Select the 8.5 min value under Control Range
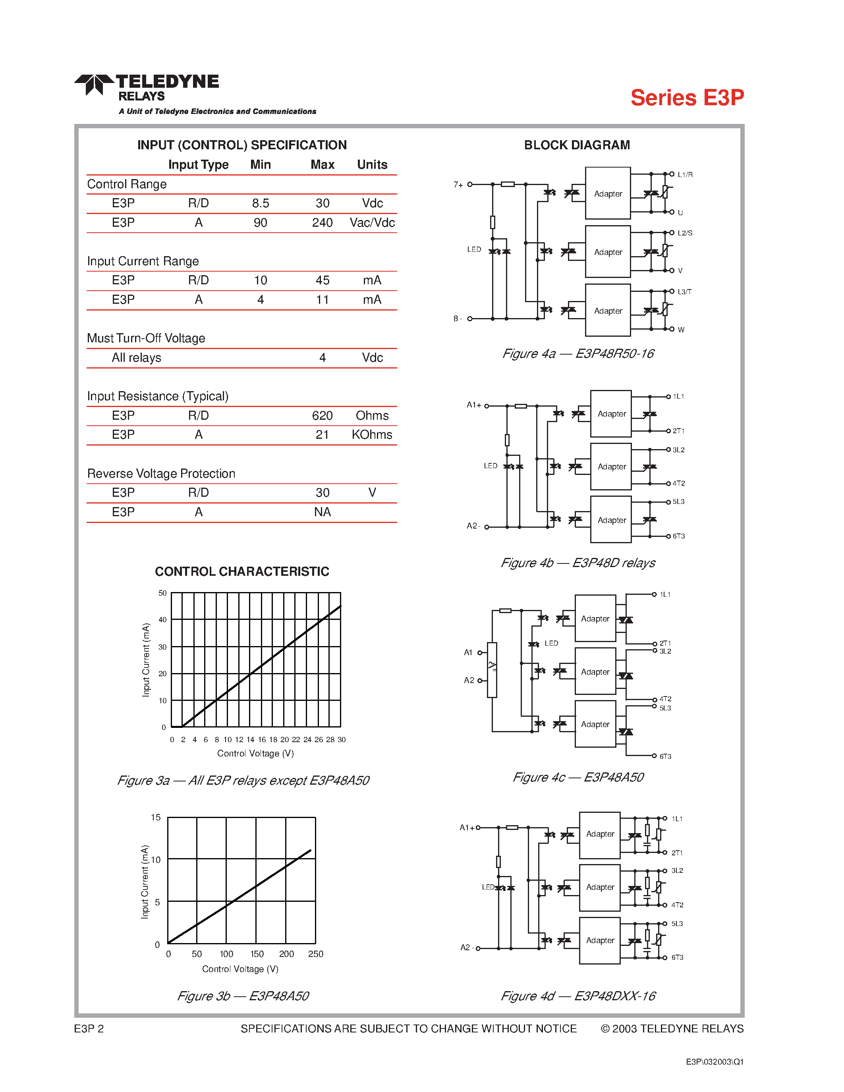[260, 203]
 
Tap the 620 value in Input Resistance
[322, 415]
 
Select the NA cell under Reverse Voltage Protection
[322, 512]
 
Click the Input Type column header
[198, 164]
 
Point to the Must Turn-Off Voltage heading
[146, 338]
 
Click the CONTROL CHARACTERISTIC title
[242, 571]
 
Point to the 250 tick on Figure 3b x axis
[315, 954]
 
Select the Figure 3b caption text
[243, 996]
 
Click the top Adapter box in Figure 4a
[608, 193]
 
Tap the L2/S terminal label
[684, 233]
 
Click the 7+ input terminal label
[458, 185]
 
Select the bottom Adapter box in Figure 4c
[595, 724]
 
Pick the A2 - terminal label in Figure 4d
[467, 947]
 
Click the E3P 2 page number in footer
[89, 1028]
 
